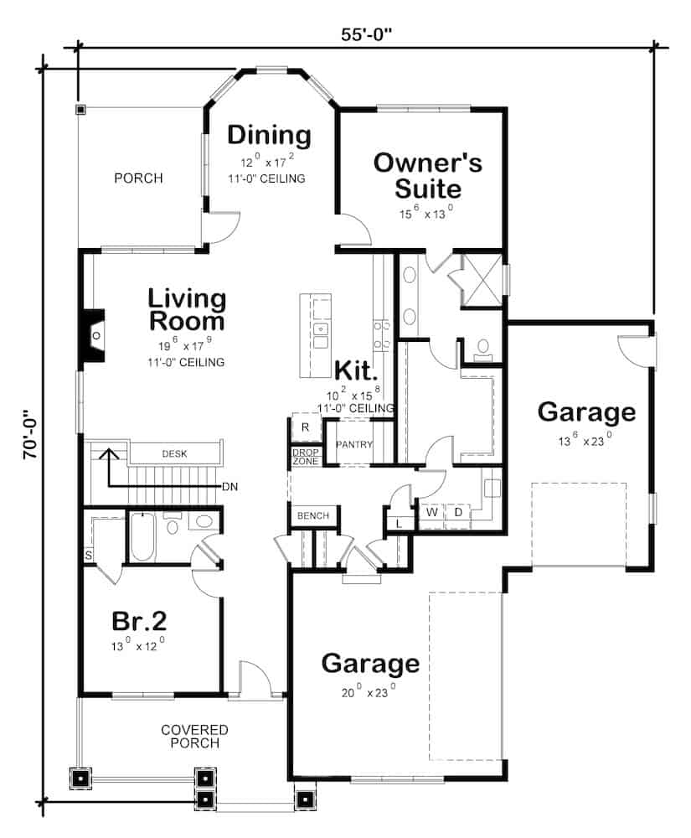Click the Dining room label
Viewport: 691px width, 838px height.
click(269, 135)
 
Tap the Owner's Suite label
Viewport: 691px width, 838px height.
click(428, 176)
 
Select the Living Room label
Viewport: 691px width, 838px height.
click(187, 310)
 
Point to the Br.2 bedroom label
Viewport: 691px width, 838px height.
click(139, 621)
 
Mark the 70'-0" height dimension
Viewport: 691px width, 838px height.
click(31, 434)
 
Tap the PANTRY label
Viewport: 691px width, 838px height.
click(353, 445)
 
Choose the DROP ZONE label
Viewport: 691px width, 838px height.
click(306, 457)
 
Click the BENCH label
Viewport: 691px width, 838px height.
click(313, 515)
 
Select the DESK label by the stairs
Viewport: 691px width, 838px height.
click(174, 453)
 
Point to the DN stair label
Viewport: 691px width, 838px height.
click(230, 487)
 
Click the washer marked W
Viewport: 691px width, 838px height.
click(432, 513)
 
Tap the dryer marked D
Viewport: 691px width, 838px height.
click(458, 513)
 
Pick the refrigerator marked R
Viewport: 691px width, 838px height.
click(306, 427)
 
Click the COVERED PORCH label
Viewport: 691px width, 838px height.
click(194, 737)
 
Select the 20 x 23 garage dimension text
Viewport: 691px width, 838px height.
click(369, 691)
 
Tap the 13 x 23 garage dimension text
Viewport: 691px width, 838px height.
click(585, 441)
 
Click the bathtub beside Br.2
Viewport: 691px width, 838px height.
click(142, 537)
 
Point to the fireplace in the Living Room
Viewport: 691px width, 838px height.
click(92, 337)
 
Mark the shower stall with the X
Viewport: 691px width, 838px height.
click(482, 280)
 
